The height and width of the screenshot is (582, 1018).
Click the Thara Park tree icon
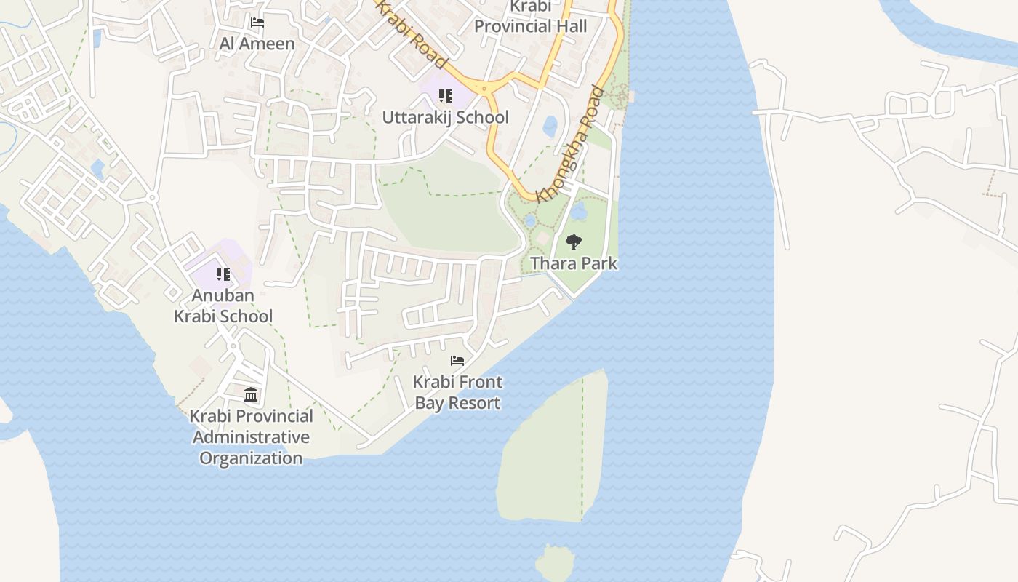pos(574,242)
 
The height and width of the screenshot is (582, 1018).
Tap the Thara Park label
pos(574,263)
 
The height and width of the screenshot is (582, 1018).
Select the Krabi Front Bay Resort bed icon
pos(457,361)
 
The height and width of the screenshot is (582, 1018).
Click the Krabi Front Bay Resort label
pos(457,392)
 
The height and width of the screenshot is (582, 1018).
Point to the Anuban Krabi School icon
pos(223,274)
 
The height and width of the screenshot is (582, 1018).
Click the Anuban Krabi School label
pos(223,306)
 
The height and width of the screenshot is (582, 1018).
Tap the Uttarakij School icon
pos(446,96)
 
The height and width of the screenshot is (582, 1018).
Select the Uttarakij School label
pos(446,117)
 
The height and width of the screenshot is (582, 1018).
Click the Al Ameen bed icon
pos(257,23)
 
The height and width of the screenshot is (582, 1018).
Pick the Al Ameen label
pos(257,44)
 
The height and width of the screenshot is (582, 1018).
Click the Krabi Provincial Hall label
pos(531,17)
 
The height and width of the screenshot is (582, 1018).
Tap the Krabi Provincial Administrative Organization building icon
pos(251,395)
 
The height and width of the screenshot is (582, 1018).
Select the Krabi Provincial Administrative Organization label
pos(251,437)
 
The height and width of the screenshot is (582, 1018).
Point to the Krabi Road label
pos(411,34)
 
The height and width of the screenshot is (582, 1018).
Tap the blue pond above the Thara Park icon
pos(580,211)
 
